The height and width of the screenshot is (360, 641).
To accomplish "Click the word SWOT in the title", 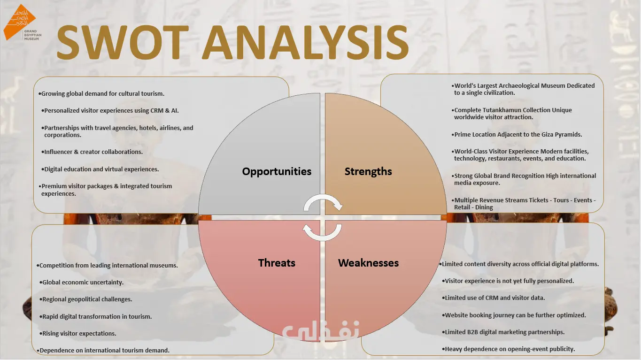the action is click(x=123, y=42).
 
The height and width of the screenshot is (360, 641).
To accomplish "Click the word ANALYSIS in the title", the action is click(x=305, y=42).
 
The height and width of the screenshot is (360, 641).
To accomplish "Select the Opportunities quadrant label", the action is click(x=277, y=171).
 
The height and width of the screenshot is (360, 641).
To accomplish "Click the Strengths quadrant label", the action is click(x=368, y=171).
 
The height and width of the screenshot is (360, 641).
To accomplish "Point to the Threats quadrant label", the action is click(x=277, y=263).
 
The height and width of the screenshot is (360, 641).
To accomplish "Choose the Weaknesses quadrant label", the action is click(x=368, y=263).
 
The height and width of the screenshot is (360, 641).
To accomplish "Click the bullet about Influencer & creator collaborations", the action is click(x=92, y=152).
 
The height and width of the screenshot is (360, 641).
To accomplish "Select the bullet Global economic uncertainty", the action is click(x=82, y=282).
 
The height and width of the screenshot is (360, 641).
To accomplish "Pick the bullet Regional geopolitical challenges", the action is click(x=86, y=299).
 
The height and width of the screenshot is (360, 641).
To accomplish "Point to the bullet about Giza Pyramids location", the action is click(x=517, y=134).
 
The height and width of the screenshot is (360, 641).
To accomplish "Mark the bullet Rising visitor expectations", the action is click(x=78, y=333).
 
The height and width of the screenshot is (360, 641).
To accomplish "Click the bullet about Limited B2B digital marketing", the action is click(x=503, y=332).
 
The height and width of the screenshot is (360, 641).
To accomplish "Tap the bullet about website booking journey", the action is click(x=514, y=315).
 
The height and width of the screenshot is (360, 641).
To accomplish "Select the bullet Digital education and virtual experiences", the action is click(x=100, y=169).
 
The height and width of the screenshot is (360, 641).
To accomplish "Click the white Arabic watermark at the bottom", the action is click(x=320, y=330).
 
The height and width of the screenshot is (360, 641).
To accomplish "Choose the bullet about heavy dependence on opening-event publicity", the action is click(x=508, y=349).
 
